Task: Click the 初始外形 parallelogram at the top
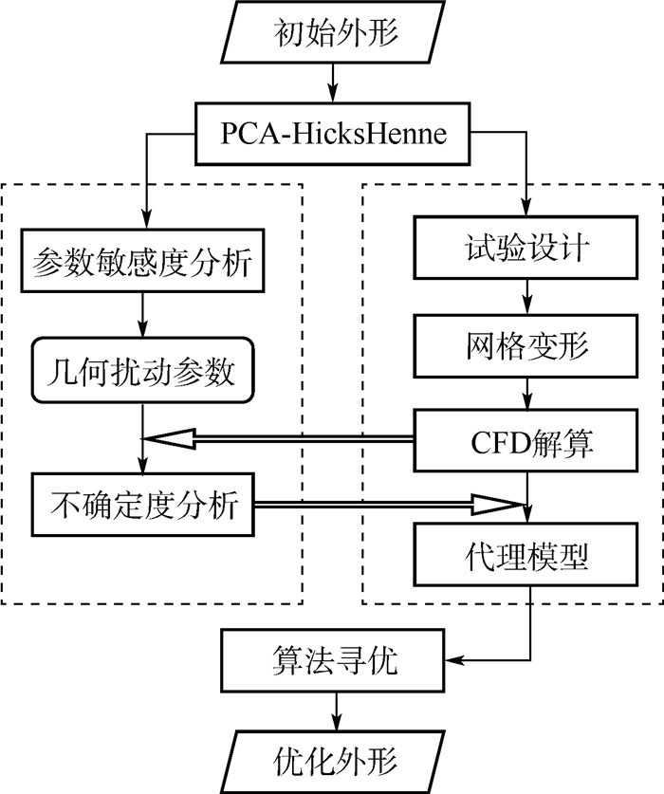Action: (331, 36)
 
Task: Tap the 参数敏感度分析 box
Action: (142, 262)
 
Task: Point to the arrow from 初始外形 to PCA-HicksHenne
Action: (331, 81)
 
